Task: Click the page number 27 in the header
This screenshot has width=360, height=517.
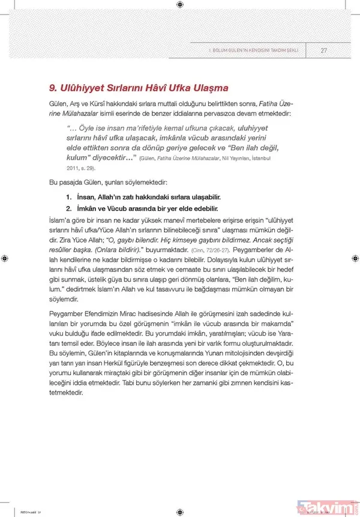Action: point(323,50)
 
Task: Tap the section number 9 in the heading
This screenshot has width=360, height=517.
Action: point(53,87)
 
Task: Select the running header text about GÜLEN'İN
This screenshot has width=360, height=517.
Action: point(252,50)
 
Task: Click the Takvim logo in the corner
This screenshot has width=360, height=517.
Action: point(329,506)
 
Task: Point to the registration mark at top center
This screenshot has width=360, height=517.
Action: point(180,5)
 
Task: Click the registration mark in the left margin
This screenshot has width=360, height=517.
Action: point(5,258)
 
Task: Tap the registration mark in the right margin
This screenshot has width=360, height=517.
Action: point(355,258)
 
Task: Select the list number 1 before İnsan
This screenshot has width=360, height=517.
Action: point(70,197)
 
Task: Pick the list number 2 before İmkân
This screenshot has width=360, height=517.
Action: point(70,208)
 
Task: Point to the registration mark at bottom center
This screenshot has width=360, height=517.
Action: point(180,512)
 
